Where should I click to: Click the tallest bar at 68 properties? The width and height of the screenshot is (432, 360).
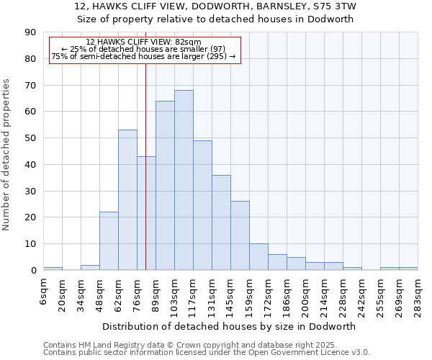click(184, 180)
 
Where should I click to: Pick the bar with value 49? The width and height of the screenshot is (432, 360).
click(202, 205)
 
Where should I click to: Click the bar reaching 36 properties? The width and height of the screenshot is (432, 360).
click(221, 222)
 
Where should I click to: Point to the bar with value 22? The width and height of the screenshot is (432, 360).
click(109, 241)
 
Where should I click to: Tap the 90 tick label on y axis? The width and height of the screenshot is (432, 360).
click(30, 32)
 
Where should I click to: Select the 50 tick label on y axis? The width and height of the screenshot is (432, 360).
click(30, 138)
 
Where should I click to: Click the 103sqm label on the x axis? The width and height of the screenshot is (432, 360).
click(174, 293)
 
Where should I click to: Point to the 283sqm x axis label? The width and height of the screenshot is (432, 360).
click(418, 293)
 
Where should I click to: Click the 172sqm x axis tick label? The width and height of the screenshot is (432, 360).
click(268, 293)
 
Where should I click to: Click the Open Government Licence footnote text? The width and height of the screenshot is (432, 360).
click(302, 352)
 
